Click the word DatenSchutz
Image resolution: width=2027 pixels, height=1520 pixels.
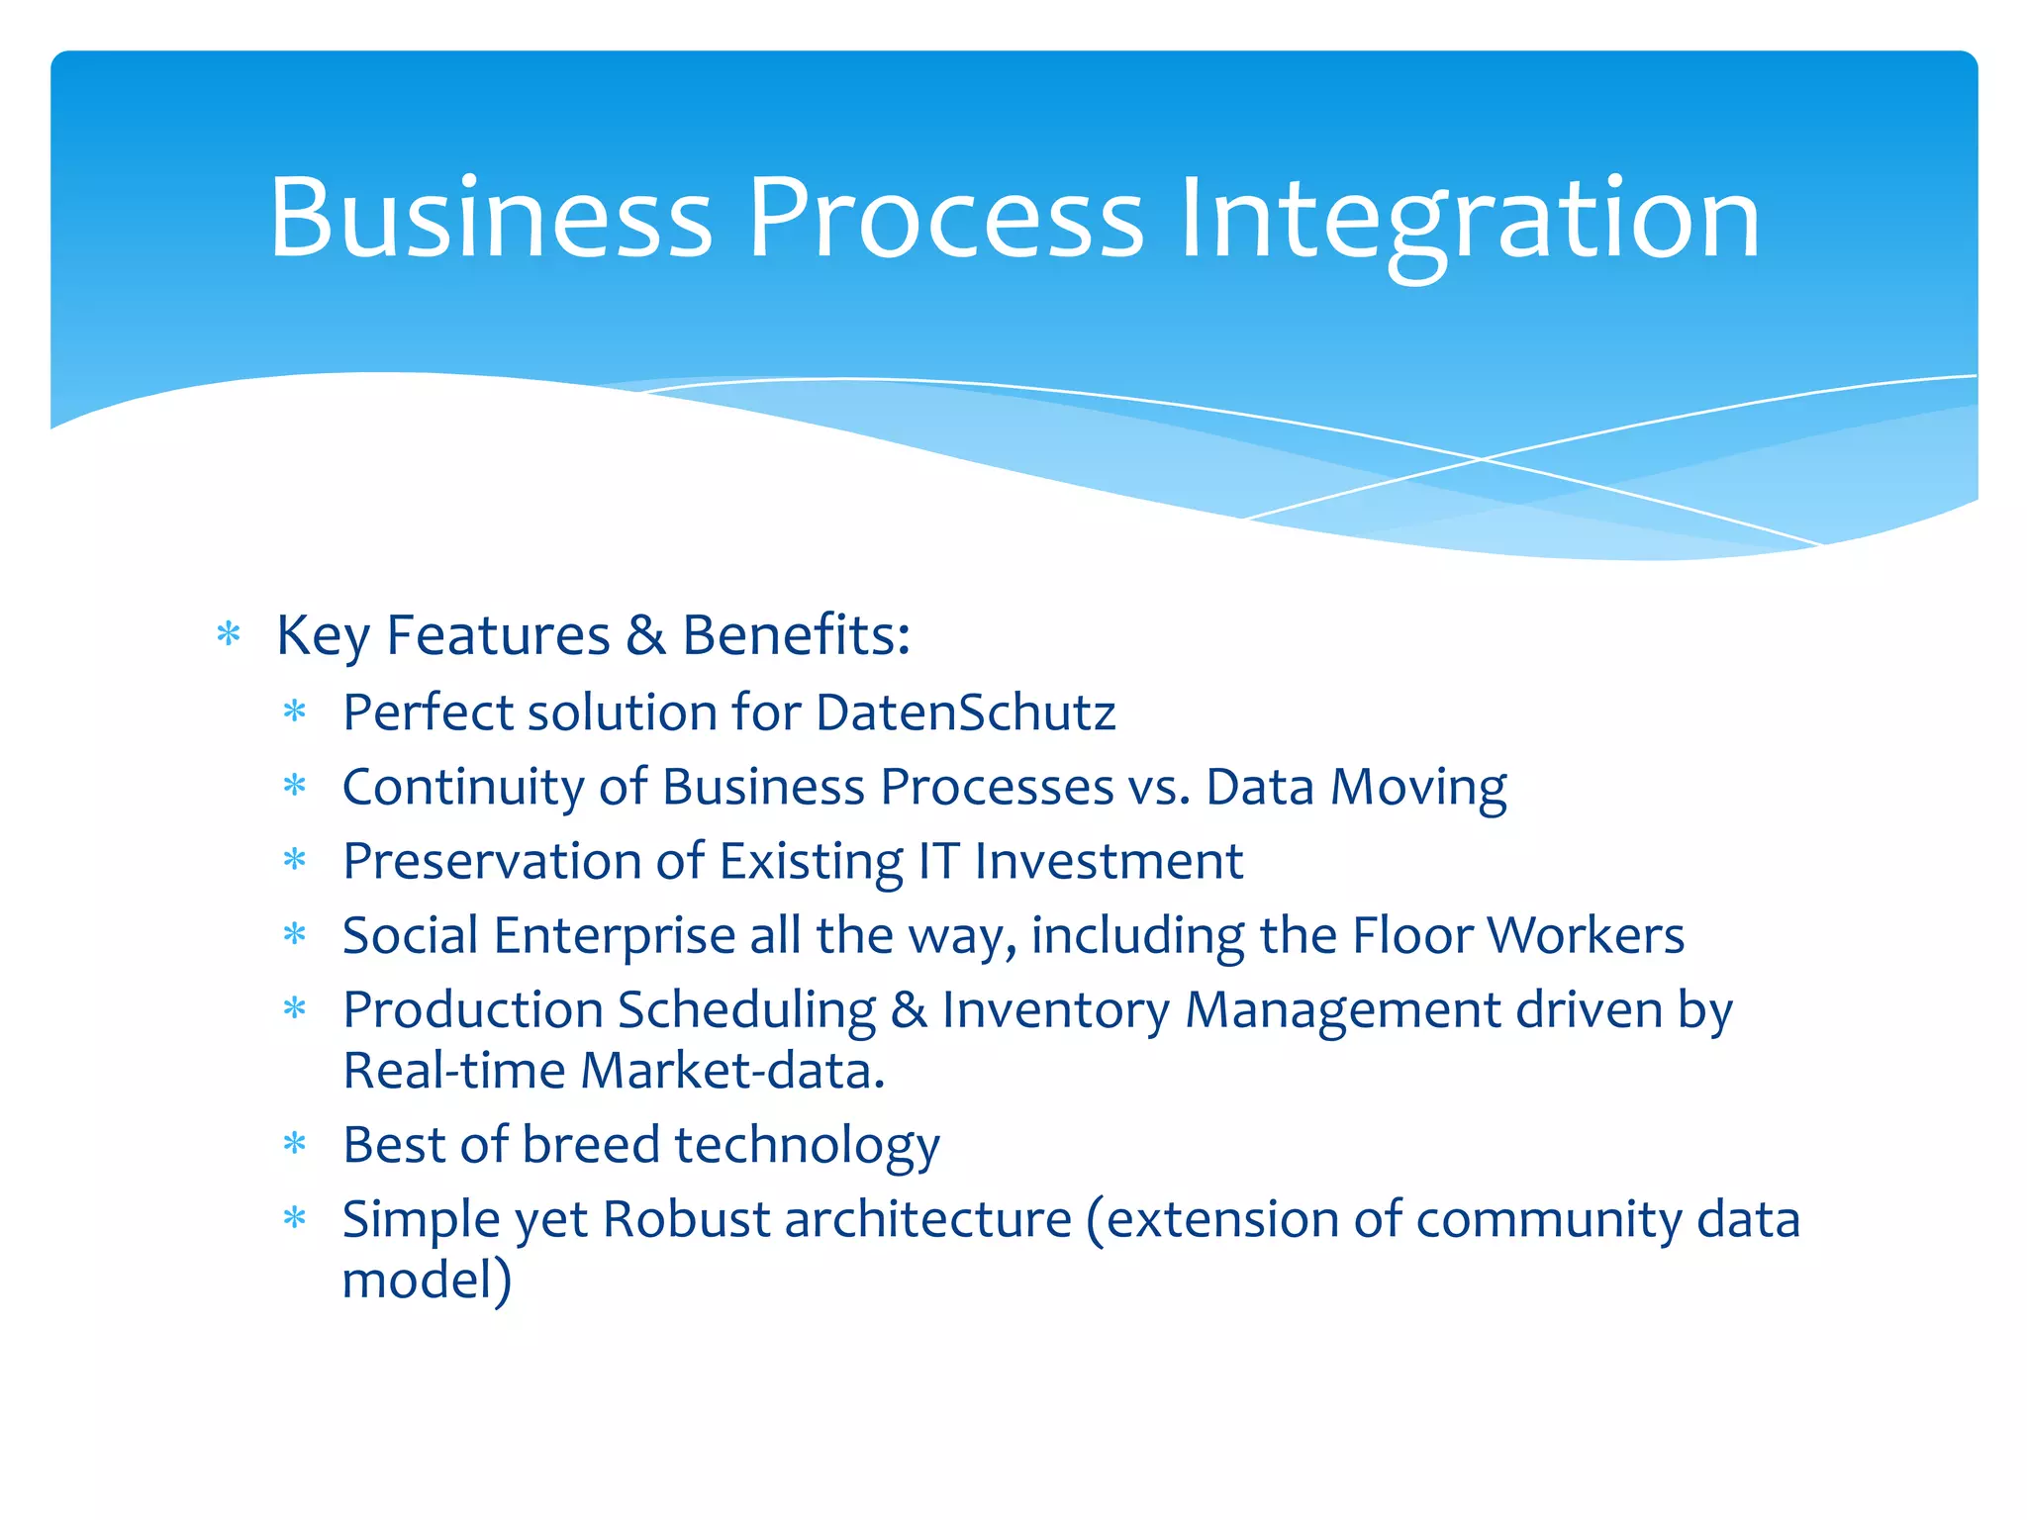(966, 712)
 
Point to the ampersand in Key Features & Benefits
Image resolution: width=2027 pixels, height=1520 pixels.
(645, 635)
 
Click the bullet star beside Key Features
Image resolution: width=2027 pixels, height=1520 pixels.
(229, 634)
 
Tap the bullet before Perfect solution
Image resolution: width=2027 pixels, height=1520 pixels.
(295, 712)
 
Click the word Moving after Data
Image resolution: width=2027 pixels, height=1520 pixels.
(1417, 788)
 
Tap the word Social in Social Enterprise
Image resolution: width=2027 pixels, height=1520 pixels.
(411, 935)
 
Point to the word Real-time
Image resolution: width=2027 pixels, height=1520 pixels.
(454, 1071)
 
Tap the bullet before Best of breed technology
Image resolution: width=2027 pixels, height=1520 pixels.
(295, 1145)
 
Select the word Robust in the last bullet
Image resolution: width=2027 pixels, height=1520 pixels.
(686, 1219)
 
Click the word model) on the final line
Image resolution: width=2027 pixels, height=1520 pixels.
(427, 1280)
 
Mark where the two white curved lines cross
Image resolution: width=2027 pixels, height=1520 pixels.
(1482, 459)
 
